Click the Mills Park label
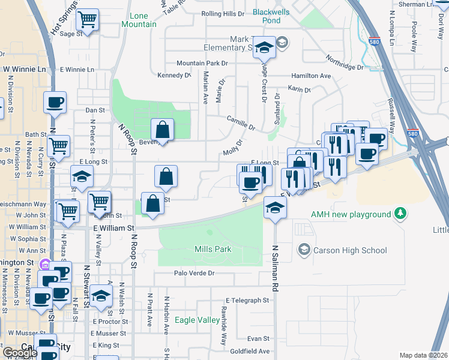click(212, 249)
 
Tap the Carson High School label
click(350, 250)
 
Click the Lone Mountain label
click(139, 20)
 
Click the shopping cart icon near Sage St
click(88, 21)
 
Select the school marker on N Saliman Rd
click(276, 207)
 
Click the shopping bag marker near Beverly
click(162, 129)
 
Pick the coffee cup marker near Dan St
click(55, 103)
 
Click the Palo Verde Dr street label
click(194, 273)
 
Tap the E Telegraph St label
click(247, 300)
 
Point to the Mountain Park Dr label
click(202, 63)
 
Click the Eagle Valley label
click(197, 320)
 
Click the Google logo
click(19, 353)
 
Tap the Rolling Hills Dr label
click(223, 13)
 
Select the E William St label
click(113, 229)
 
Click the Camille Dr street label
click(241, 123)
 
